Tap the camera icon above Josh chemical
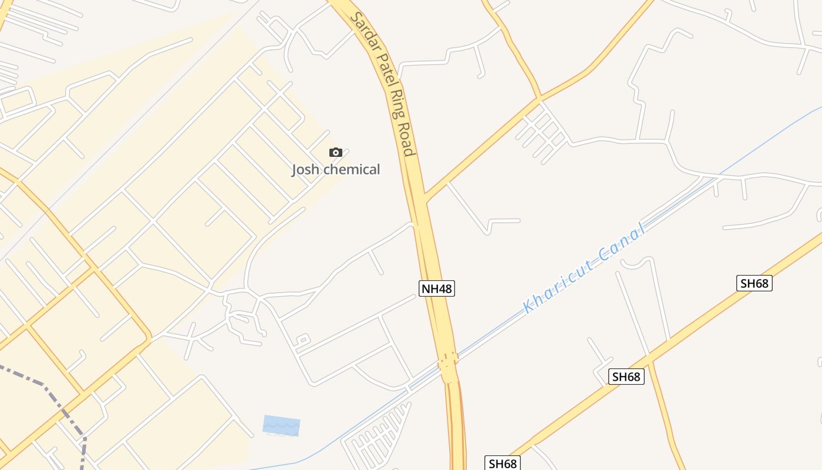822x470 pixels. click(336, 153)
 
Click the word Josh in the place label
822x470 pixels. click(306, 170)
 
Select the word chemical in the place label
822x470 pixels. click(352, 170)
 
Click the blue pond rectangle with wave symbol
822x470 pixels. click(281, 425)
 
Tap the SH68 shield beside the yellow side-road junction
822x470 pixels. click(626, 377)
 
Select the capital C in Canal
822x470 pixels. click(605, 256)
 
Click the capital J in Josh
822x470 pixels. click(295, 170)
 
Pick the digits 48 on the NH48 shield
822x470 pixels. click(444, 288)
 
